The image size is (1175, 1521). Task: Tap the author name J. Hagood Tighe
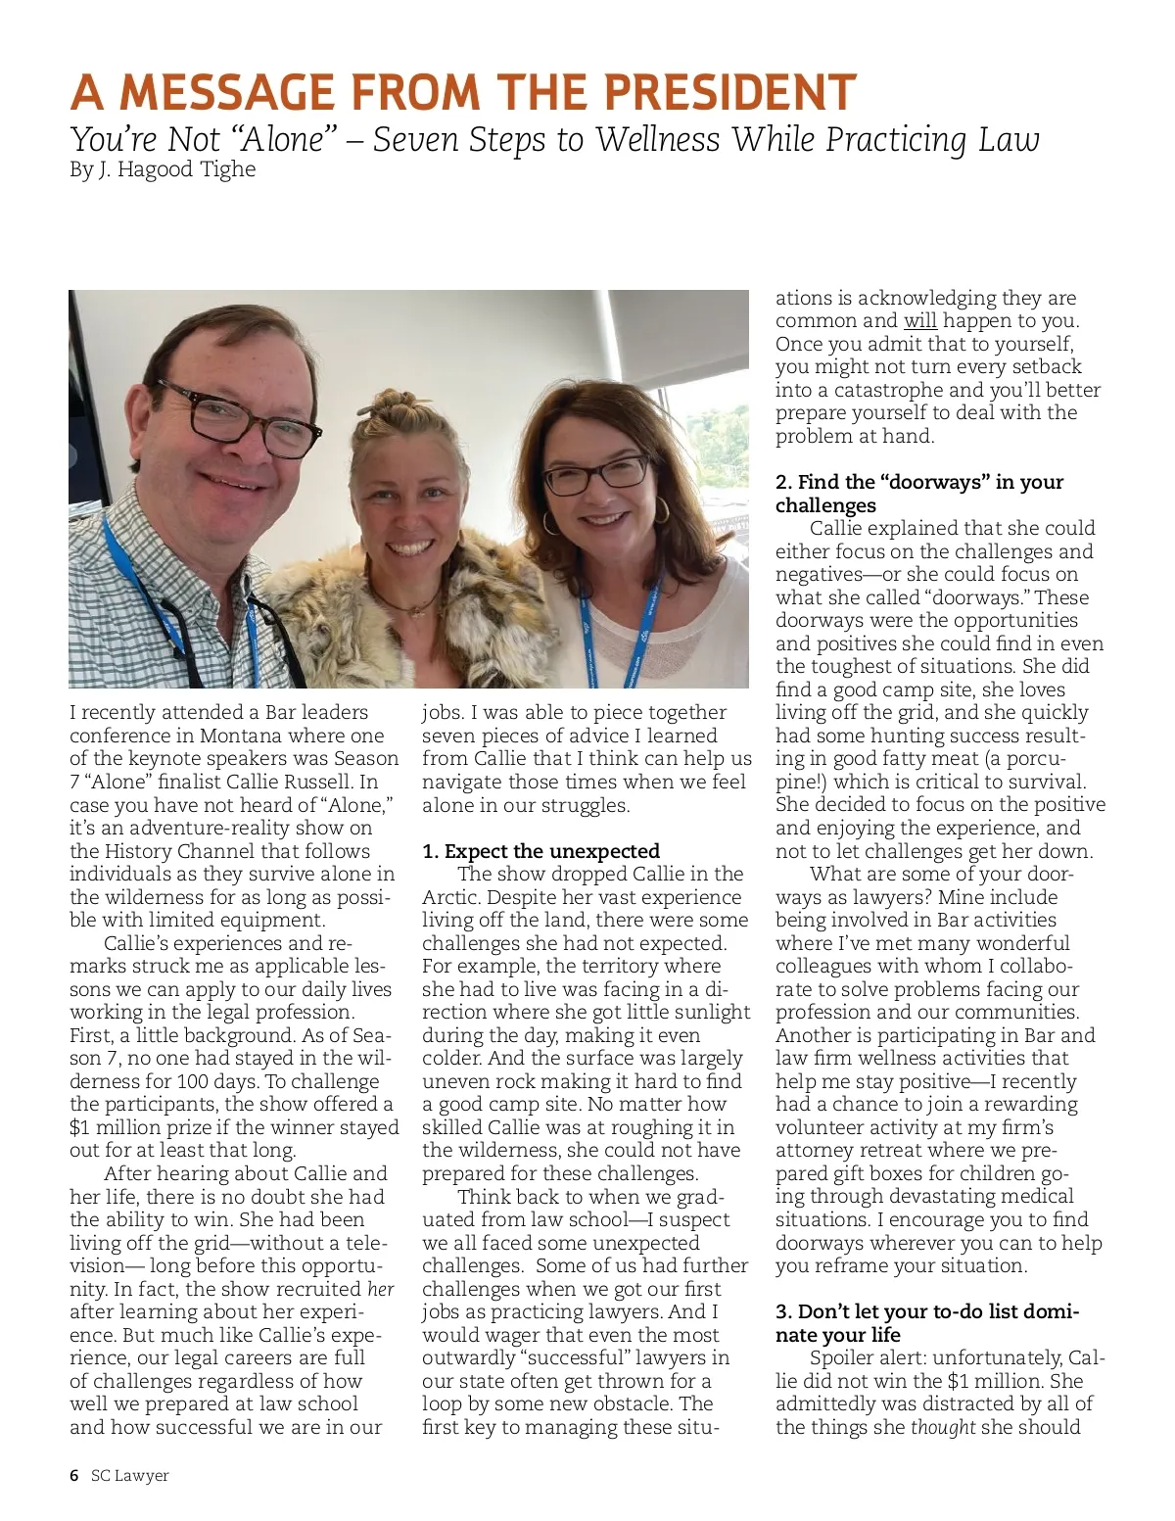coord(176,169)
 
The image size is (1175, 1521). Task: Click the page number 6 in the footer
coord(74,1475)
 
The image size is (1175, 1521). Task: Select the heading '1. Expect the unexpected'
coord(540,851)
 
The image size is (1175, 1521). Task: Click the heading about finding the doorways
coord(918,494)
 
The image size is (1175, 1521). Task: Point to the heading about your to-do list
coord(925,1323)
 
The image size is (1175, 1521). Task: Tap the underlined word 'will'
coord(919,321)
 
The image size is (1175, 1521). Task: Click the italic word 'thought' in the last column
coord(942,1427)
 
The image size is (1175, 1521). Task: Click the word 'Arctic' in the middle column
coord(450,897)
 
